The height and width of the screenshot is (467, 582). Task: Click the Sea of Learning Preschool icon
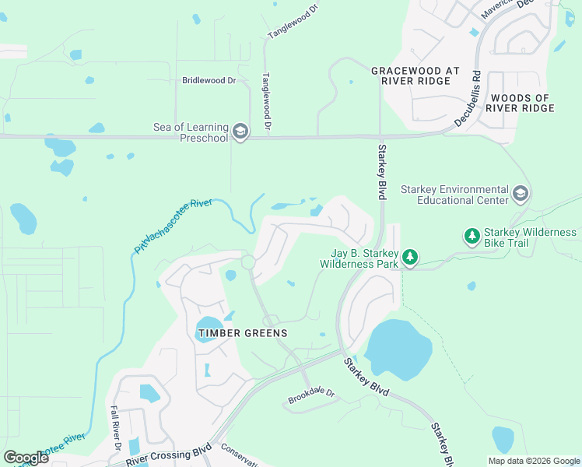[240, 132]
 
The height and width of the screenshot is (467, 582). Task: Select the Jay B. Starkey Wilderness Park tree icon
[409, 258]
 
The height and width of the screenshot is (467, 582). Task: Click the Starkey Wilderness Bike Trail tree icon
[472, 235]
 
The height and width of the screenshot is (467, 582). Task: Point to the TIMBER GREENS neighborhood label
[242, 333]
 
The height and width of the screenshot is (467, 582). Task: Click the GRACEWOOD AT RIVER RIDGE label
[409, 75]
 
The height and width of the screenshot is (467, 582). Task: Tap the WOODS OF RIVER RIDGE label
[521, 103]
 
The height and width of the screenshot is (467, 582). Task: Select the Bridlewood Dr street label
[209, 80]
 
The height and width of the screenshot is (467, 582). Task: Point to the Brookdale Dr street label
[310, 396]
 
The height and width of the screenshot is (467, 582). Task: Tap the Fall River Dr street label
[114, 427]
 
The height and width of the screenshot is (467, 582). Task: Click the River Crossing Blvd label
[169, 456]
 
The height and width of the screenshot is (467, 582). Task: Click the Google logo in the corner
[26, 457]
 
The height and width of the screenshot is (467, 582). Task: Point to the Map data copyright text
[533, 461]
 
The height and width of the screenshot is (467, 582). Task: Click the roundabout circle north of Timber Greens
[248, 262]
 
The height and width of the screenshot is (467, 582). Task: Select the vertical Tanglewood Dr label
[266, 101]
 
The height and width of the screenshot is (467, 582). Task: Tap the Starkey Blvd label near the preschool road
[382, 170]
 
